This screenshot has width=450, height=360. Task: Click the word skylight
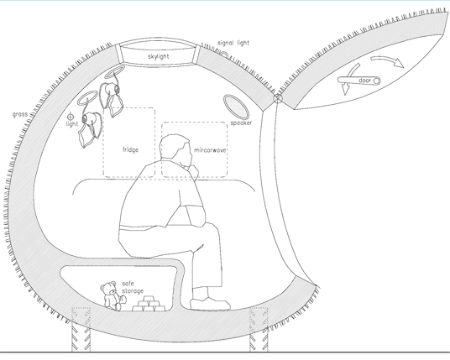(159, 56)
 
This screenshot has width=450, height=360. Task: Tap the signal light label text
(233, 43)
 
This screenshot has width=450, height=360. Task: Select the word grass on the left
(20, 114)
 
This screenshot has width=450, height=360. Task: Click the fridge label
(131, 149)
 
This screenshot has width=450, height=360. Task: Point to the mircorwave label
(211, 150)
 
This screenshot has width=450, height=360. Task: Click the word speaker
(241, 123)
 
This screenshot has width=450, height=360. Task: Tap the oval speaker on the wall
(236, 107)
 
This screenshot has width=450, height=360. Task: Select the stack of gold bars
(149, 304)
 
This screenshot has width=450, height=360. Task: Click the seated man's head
(175, 149)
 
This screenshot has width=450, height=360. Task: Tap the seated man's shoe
(211, 304)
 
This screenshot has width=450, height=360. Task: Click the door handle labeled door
(359, 81)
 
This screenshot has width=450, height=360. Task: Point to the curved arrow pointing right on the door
(387, 60)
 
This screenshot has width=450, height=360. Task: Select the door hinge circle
(278, 98)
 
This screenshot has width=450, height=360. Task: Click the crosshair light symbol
(71, 117)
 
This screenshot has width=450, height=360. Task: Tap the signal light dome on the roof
(224, 55)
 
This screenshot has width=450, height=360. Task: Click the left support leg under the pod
(81, 330)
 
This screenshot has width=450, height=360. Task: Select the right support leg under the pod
(259, 330)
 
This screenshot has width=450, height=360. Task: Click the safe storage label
(133, 288)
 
